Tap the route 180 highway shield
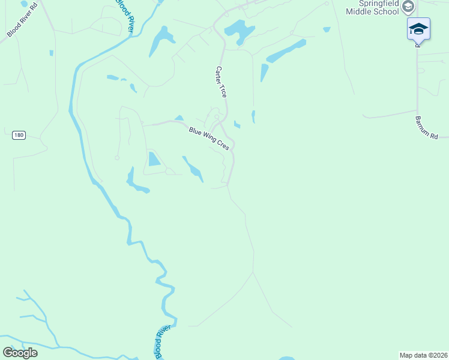(19, 135)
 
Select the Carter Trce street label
(221, 82)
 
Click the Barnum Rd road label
(426, 127)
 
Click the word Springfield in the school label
(373, 3)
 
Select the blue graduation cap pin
(418, 28)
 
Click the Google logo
(20, 352)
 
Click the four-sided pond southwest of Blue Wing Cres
(154, 159)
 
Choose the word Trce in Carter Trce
(223, 91)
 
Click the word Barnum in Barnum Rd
(422, 124)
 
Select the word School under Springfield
(388, 11)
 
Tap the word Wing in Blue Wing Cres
(209, 138)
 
